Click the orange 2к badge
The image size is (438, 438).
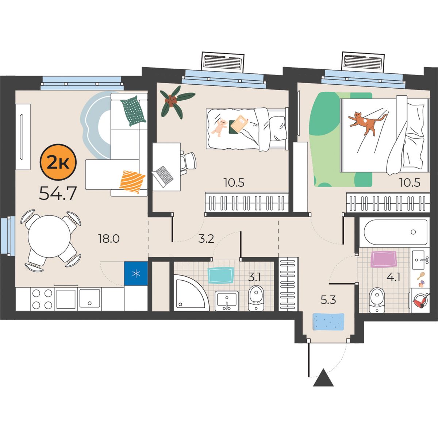pos(58,162)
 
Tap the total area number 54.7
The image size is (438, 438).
pos(58,193)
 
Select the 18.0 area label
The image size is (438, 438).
pos(109,239)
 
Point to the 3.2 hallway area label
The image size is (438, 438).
pos(206,239)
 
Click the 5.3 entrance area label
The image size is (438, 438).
pos(328,300)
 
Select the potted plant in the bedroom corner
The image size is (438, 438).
pos(176,101)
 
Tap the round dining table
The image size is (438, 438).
pos(49,237)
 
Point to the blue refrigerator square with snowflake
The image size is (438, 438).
pos(136,273)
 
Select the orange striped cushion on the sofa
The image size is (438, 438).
pos(132,182)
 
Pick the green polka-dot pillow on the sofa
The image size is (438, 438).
pos(134,111)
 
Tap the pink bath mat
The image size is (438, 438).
pos(384,259)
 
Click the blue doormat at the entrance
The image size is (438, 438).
pos(328,322)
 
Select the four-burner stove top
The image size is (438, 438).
pos(42,299)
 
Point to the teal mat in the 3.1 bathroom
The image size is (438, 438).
pos(221,276)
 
